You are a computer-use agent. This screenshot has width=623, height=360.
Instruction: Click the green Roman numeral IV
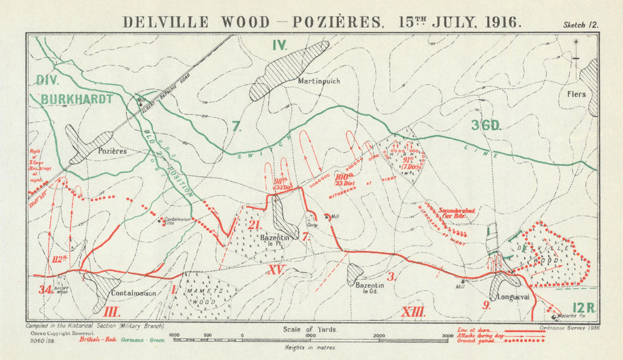[x=278, y=45]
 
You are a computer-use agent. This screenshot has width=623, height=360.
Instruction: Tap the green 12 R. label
[x=584, y=308]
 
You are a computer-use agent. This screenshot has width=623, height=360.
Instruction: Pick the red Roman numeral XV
[x=276, y=270]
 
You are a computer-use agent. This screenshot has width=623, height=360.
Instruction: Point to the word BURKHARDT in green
[x=78, y=99]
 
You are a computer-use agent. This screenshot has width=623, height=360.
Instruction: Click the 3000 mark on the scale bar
[x=447, y=336]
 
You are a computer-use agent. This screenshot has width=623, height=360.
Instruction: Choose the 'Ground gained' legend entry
[x=480, y=341]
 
